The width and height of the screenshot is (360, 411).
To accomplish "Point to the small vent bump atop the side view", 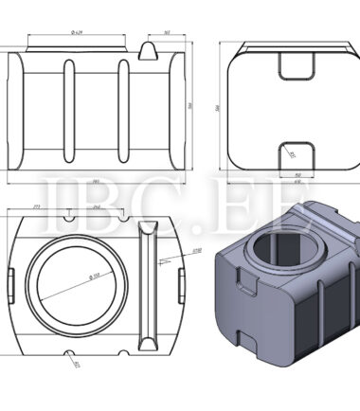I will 149,48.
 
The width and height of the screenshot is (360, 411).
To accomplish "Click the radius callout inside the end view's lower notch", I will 292,153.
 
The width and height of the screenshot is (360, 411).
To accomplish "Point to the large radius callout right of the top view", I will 197,251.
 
